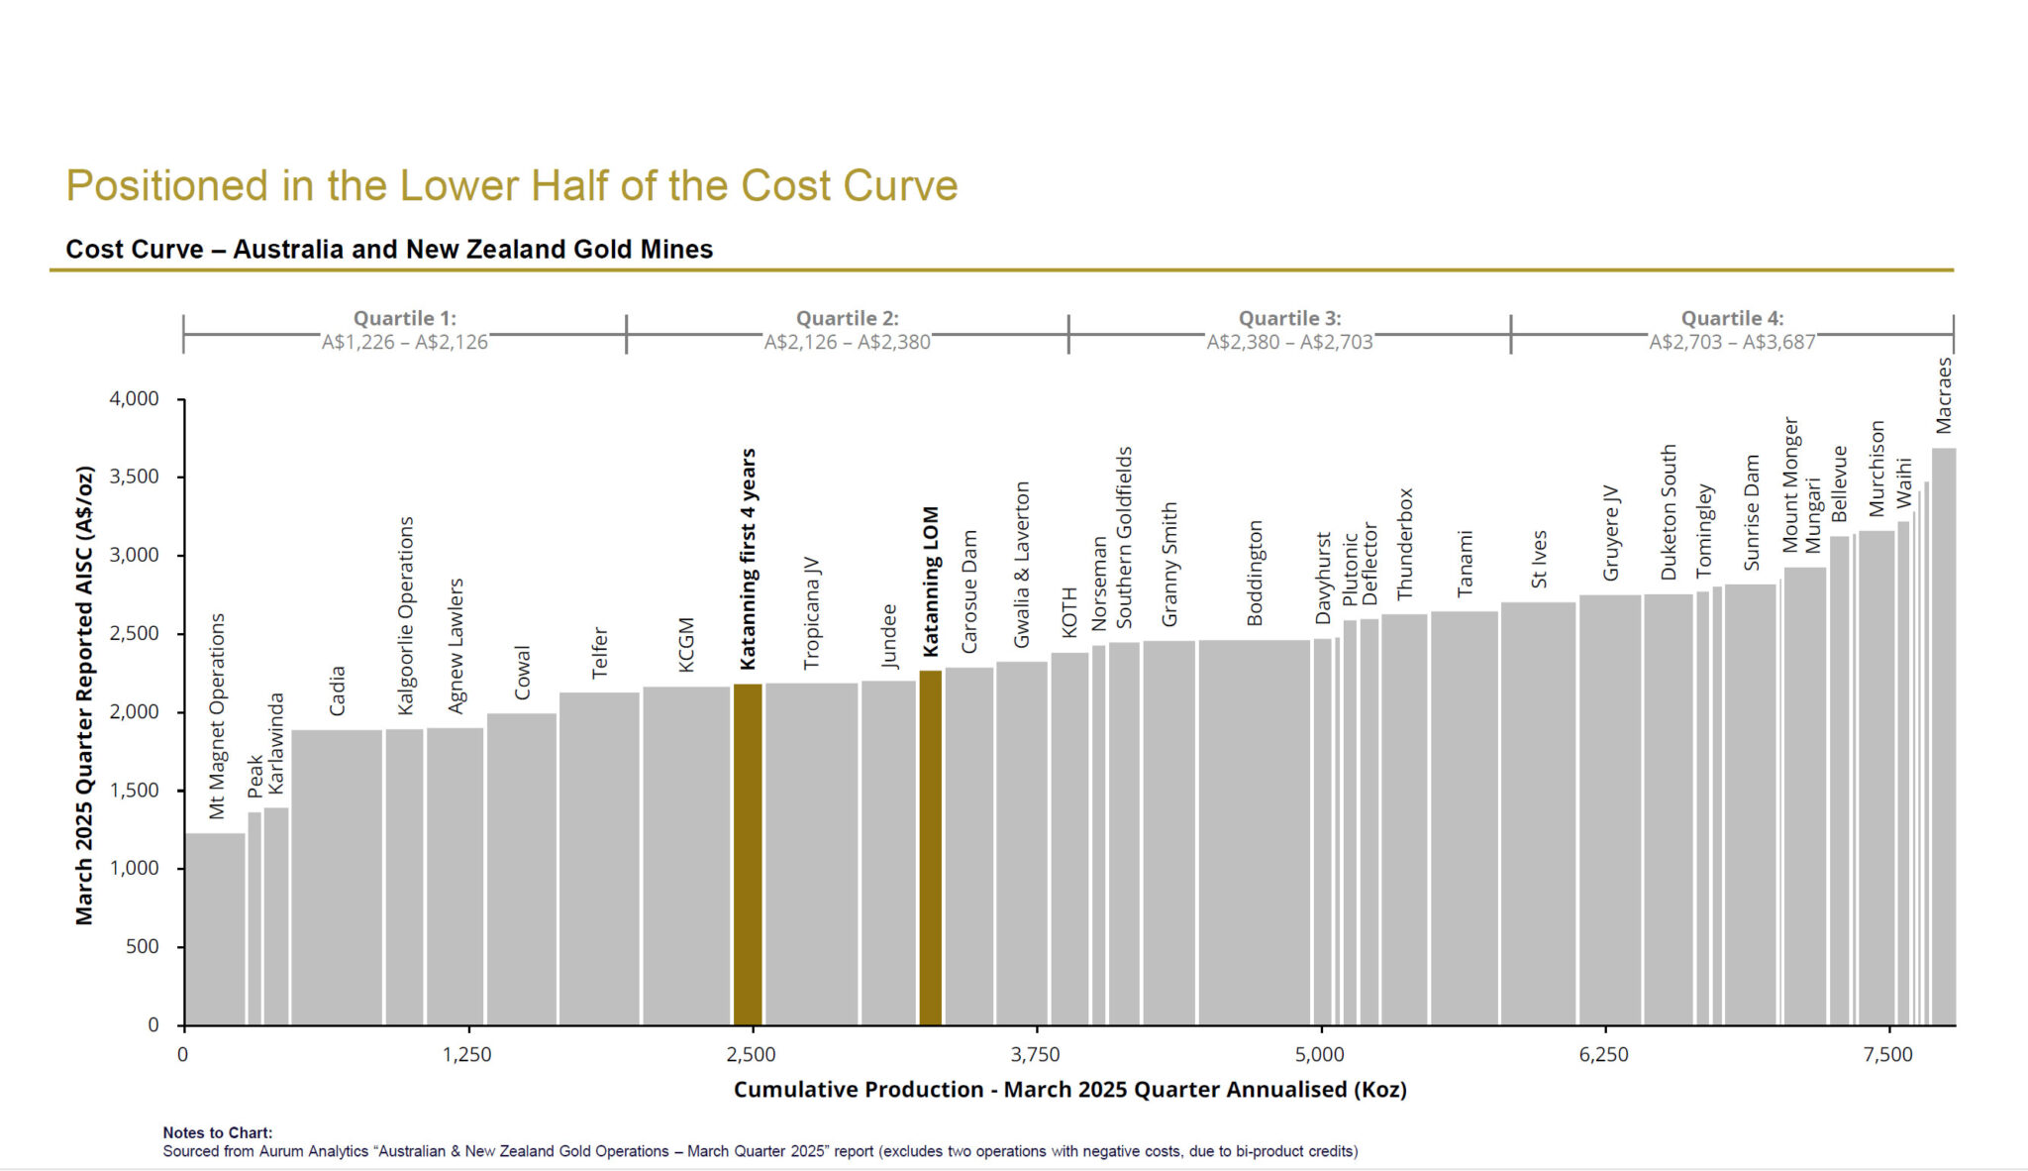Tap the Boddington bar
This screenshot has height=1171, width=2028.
1254,832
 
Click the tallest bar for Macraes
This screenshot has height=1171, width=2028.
1943,737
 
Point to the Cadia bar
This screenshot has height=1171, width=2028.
337,877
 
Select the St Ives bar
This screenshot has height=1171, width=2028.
1537,813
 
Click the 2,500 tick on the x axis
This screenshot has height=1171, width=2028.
752,1055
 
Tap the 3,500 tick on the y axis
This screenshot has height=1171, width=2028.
134,478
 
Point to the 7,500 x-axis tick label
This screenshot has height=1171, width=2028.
1887,1055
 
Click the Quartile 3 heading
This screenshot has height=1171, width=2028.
1289,318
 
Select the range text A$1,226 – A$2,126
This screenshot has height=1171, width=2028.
404,343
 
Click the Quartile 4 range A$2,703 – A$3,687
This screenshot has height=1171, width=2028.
1732,343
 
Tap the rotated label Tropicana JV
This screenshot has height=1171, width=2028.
812,612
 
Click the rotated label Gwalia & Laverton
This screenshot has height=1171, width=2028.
1022,565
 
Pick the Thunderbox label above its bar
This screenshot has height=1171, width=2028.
1404,544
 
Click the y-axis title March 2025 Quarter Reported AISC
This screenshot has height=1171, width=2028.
85,694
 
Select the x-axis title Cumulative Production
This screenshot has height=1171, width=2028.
1069,1090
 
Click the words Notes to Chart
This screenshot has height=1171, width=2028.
217,1132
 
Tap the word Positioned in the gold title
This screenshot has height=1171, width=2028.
166,186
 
